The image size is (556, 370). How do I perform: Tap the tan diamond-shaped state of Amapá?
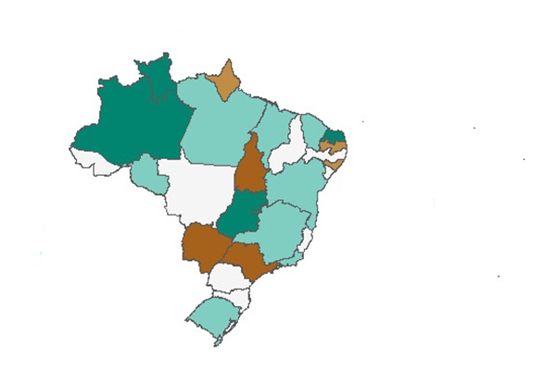[225, 81]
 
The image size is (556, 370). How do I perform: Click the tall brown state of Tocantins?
[250, 166]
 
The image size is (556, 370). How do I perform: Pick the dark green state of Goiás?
[243, 213]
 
